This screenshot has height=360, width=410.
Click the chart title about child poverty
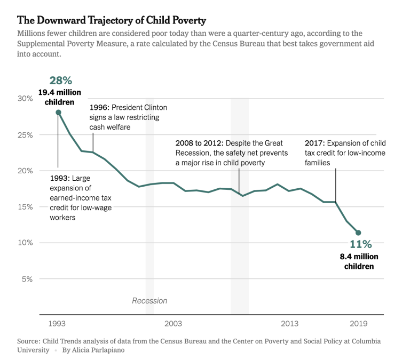[112, 20]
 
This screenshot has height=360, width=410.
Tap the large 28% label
[60, 81]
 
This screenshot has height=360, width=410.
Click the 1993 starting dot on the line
[58, 113]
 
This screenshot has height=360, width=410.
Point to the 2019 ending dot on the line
[358, 233]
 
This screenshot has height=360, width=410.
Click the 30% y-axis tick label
[26, 99]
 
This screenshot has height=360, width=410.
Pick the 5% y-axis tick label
[28, 279]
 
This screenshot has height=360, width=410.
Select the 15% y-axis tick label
[26, 207]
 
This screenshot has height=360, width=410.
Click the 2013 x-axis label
[290, 324]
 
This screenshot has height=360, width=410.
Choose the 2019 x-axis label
[359, 324]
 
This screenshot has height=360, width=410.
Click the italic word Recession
[149, 301]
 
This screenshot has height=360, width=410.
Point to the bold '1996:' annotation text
[100, 108]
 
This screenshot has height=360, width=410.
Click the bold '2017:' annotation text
[314, 143]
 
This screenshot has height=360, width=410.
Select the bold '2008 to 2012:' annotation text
[199, 143]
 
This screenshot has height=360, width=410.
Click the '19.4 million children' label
[59, 97]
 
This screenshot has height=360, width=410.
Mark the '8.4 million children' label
[359, 261]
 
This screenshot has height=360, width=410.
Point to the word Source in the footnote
[29, 341]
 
